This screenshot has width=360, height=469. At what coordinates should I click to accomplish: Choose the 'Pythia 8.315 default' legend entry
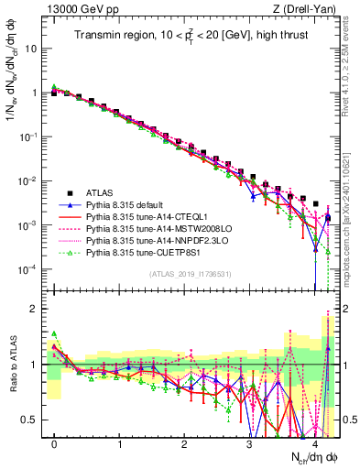[x=133, y=205]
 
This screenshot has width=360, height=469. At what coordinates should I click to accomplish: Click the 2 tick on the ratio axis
[x=38, y=309]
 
